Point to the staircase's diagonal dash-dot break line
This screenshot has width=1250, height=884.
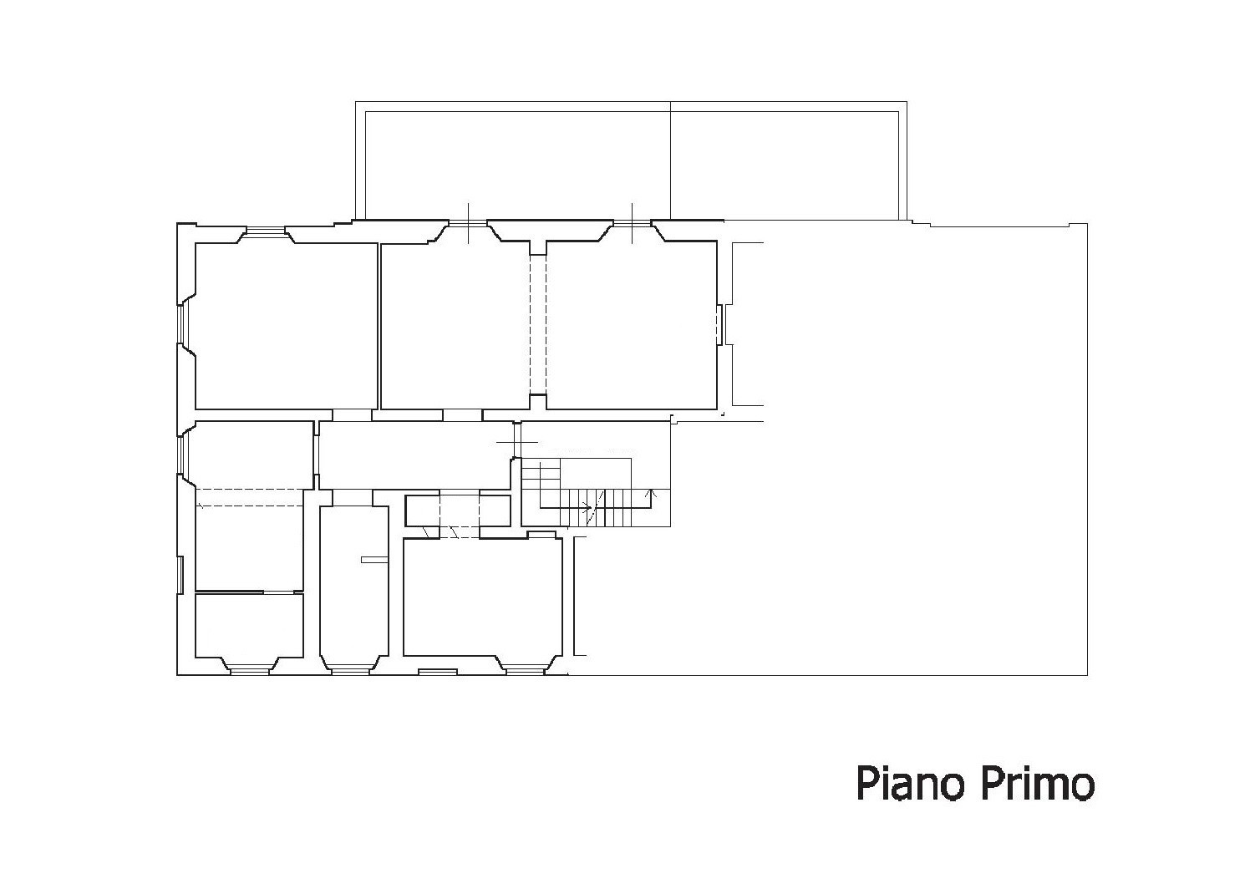596,508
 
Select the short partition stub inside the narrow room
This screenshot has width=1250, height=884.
374,560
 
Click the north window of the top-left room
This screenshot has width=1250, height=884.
267,230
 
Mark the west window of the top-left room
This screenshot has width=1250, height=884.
181,323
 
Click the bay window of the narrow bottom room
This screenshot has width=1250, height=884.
350,672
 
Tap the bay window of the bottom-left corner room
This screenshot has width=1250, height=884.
250,672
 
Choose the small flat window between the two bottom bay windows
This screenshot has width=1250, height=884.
438,672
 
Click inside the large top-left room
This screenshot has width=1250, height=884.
287,326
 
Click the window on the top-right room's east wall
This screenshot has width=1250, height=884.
720,324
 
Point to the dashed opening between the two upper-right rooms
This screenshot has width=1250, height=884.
537,324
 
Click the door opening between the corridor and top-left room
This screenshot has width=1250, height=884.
352,415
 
